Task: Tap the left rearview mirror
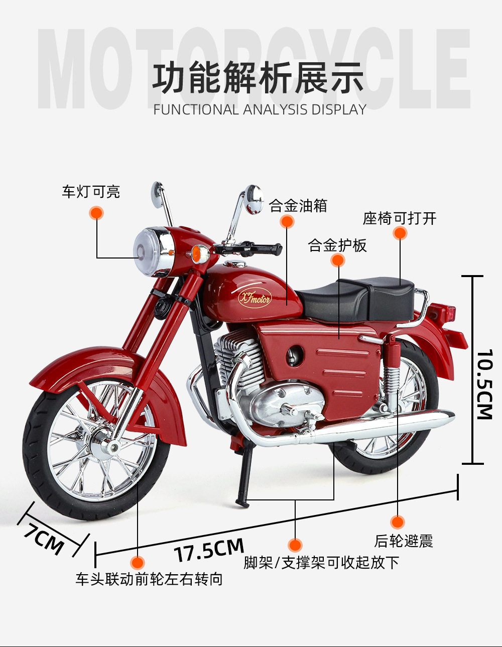[159, 193]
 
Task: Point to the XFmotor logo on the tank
[254, 299]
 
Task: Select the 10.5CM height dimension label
[485, 384]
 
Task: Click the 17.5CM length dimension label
[209, 550]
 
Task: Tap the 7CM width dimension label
[46, 539]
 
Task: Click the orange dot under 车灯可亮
[96, 213]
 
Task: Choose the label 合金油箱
[298, 206]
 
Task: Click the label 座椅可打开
[400, 218]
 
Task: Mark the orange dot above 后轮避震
[397, 523]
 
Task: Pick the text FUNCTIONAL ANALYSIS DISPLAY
[260, 109]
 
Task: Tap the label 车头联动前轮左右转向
[149, 579]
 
